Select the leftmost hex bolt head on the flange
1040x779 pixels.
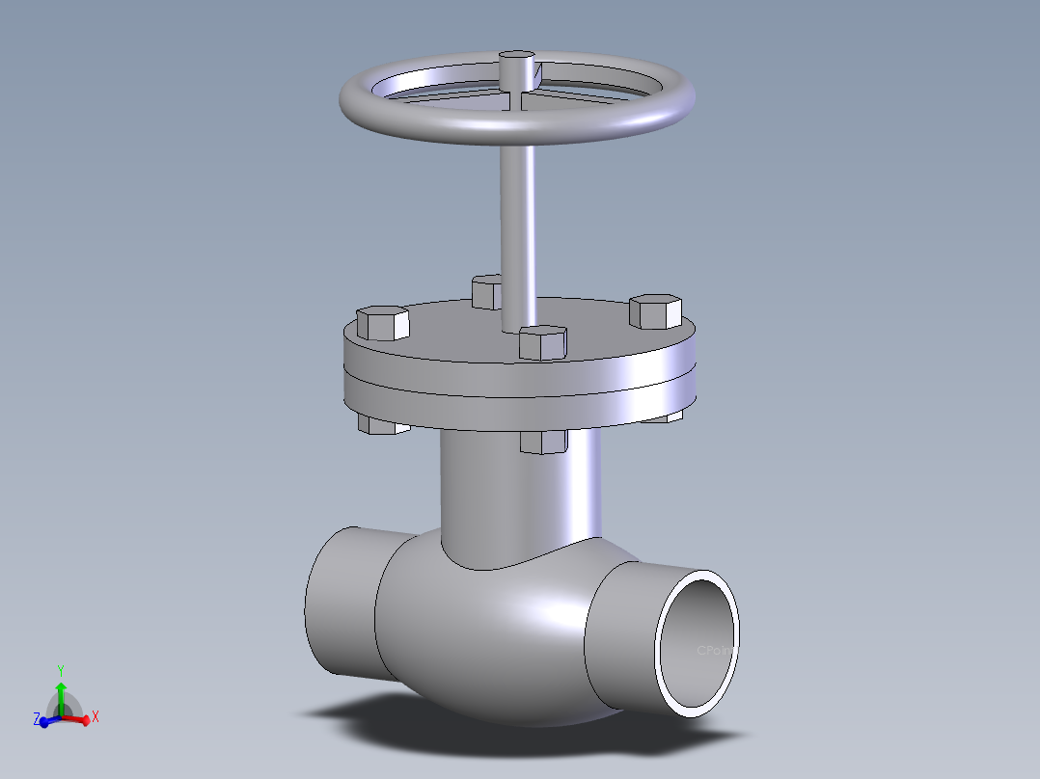pos(383,322)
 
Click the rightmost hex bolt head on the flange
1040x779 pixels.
pos(656,310)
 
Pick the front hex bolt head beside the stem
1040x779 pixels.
pos(541,342)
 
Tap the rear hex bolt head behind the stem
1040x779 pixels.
pos(486,290)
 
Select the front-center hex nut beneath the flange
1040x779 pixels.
pos(543,442)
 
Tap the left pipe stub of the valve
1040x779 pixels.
pos(338,603)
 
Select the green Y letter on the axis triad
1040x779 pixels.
pos(60,669)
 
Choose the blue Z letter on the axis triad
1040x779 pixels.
pos(36,719)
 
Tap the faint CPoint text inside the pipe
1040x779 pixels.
pos(716,650)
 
